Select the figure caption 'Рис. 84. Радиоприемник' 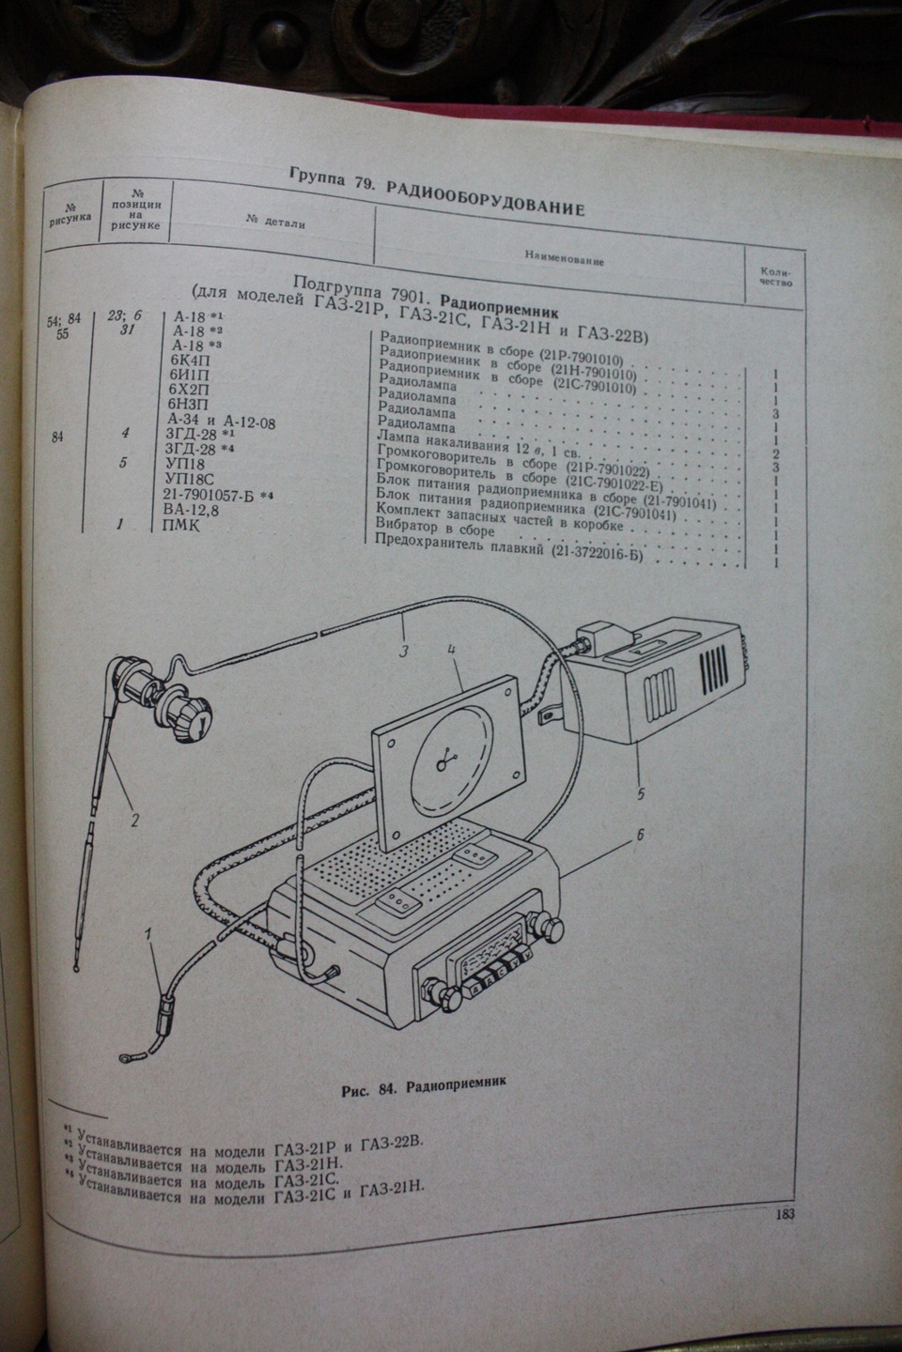click(426, 1086)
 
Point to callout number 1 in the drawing click(148, 934)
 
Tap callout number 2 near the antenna click(134, 820)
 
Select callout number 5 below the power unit click(640, 793)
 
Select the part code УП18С click(189, 479)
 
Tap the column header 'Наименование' click(565, 260)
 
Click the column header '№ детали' click(275, 223)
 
